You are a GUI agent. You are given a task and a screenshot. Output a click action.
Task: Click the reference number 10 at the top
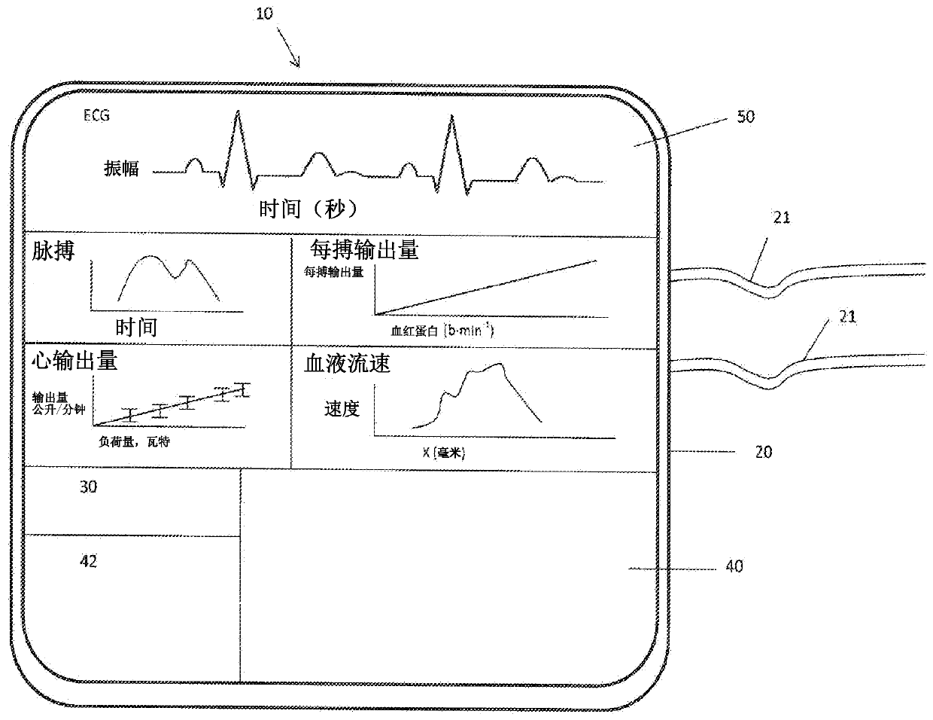(264, 14)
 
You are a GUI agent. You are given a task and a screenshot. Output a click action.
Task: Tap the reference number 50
(745, 117)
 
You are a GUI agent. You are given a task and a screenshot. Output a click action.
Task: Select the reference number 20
(763, 453)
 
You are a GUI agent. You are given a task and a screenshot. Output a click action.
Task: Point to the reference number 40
(734, 566)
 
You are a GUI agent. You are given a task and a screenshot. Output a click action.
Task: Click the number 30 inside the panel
(88, 487)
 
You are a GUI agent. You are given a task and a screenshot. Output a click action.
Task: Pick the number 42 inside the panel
(88, 561)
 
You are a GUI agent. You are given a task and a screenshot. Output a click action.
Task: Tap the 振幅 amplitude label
(121, 169)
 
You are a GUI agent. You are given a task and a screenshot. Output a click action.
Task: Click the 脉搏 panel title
(53, 252)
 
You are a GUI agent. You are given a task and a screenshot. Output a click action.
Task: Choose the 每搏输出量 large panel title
(364, 250)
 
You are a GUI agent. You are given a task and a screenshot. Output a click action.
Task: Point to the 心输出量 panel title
(74, 361)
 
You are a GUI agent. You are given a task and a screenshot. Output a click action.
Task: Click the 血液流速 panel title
(347, 365)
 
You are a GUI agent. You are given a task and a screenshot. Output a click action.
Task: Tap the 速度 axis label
(342, 409)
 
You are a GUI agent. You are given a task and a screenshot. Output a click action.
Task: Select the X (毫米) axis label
(449, 452)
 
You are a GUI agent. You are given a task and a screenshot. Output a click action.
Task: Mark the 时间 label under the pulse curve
(136, 327)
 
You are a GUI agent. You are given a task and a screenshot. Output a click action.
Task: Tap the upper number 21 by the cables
(782, 218)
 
